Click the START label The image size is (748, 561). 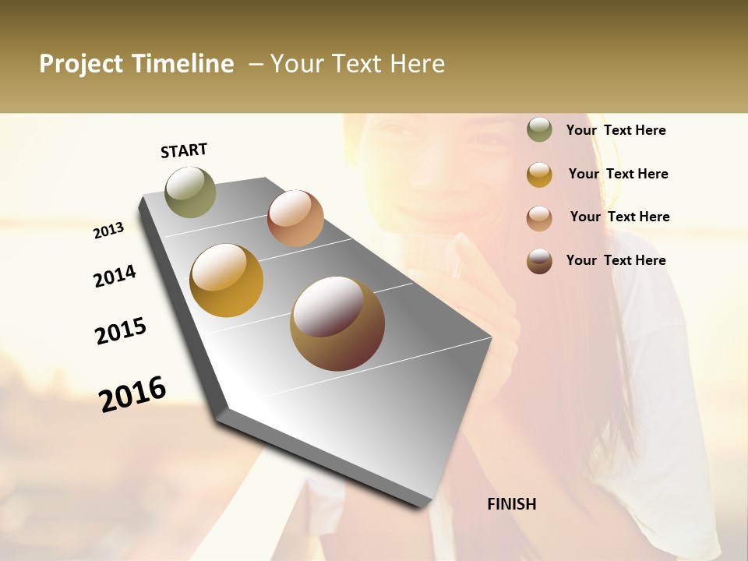[184, 150]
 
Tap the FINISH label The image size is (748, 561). [512, 504]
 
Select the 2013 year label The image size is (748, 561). [109, 230]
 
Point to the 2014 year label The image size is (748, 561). [115, 276]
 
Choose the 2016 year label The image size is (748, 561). [132, 393]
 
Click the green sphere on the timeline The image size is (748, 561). [190, 192]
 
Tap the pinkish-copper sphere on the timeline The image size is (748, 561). [295, 217]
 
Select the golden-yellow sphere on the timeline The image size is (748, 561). [227, 280]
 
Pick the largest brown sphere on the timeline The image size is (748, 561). [337, 323]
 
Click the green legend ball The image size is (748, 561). [539, 130]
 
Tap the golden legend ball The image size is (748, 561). [539, 175]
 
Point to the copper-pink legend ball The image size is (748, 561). [539, 218]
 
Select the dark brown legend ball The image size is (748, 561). [539, 261]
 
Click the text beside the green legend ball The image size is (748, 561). [616, 131]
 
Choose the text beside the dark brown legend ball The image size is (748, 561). [616, 260]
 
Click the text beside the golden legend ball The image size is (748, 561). [618, 174]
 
